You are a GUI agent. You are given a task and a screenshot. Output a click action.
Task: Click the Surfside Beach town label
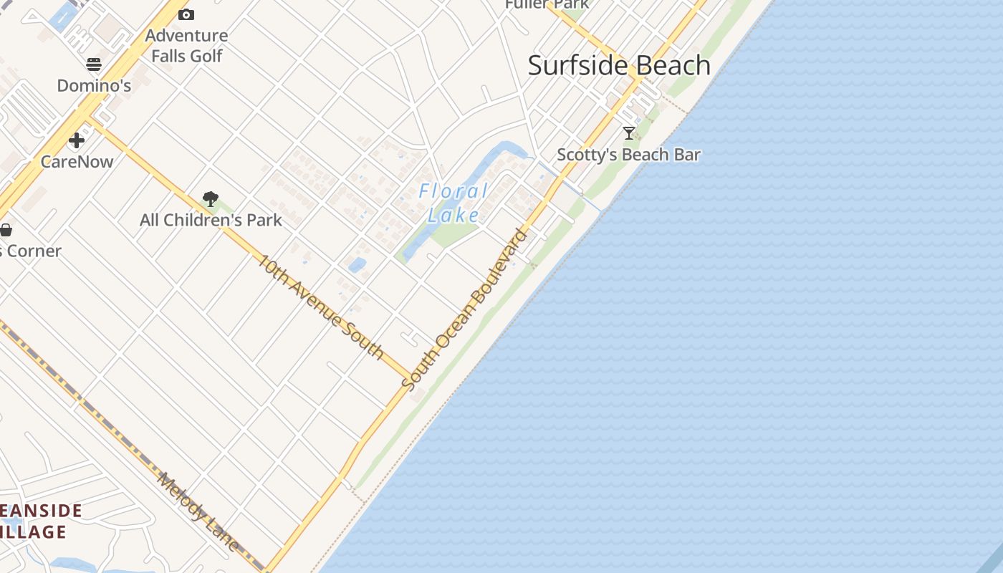tap(619, 66)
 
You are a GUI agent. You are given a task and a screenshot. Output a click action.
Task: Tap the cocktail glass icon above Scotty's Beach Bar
tap(629, 133)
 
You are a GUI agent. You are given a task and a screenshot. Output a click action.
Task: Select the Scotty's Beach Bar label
tap(628, 155)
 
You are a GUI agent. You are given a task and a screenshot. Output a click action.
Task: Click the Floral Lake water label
tap(453, 203)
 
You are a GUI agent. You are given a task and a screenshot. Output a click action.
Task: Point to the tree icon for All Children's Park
tap(211, 199)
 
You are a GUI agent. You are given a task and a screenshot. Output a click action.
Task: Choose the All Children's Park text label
tap(211, 221)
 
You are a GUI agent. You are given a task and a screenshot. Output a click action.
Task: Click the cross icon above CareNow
tap(77, 140)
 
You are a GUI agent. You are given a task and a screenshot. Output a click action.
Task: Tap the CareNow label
tap(77, 162)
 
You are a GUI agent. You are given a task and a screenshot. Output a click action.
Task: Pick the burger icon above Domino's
tap(94, 65)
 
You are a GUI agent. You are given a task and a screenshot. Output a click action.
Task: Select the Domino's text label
tap(94, 86)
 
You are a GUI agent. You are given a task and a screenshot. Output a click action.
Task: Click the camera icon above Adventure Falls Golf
tap(186, 14)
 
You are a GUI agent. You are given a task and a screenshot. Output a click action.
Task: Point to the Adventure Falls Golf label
tap(186, 45)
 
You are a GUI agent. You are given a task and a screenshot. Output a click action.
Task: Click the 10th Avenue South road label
tap(320, 307)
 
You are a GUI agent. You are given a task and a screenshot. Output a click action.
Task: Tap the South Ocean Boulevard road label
tap(466, 309)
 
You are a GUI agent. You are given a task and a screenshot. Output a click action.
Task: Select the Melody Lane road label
tap(198, 511)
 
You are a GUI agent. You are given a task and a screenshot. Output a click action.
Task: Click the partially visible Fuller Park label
tap(547, 4)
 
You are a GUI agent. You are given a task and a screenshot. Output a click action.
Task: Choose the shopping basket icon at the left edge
tap(6, 230)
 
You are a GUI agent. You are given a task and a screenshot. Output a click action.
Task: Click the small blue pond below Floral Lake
tap(357, 265)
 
